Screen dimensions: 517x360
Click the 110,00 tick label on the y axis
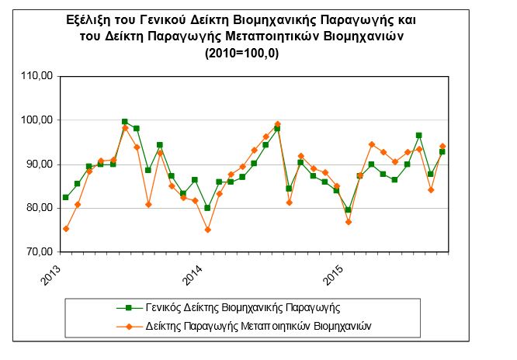[x=37, y=76]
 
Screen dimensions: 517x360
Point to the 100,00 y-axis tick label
[x=37, y=120]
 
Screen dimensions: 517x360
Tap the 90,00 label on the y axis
[x=40, y=164]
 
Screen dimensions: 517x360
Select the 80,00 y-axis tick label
[x=40, y=208]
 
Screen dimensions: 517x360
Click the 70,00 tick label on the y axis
[x=40, y=252]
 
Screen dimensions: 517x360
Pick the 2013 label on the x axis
[x=50, y=275]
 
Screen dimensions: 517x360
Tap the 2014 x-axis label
[x=193, y=275]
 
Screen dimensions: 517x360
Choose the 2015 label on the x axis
[x=333, y=275]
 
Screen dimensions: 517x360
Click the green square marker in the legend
[x=129, y=308]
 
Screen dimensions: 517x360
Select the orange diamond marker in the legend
[x=129, y=327]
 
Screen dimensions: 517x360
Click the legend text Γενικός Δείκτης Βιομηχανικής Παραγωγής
[x=243, y=308]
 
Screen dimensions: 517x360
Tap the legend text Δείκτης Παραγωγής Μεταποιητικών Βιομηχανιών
[x=258, y=327]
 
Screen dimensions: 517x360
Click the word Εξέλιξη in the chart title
[x=88, y=20]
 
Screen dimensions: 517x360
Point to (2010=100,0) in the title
[x=241, y=53]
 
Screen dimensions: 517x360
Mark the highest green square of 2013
[x=125, y=122]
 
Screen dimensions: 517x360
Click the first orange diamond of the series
[x=66, y=229]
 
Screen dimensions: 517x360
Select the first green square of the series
[x=66, y=197]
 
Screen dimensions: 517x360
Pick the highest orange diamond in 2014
[x=278, y=124]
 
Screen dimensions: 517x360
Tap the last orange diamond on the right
[x=442, y=146]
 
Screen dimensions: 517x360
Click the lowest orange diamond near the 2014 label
[x=208, y=230]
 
